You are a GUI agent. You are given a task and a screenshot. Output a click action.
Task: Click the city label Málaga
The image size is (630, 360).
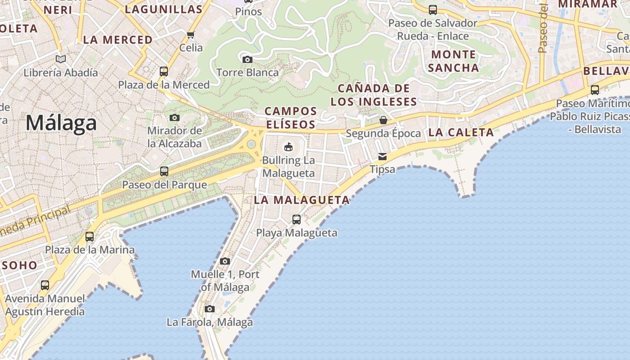[x=61, y=123]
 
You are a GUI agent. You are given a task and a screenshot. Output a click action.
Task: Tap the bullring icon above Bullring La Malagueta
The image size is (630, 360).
[x=288, y=147]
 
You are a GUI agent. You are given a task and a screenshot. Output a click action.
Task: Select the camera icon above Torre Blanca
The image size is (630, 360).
[x=247, y=59]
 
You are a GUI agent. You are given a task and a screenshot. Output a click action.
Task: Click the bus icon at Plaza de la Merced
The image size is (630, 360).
[x=164, y=72]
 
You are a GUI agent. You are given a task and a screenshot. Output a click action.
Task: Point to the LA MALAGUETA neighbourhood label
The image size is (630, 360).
[x=301, y=200]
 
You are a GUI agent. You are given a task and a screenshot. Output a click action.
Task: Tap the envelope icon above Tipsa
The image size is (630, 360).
[x=382, y=157]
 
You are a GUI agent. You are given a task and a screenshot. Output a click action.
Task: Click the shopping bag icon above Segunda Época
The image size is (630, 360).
[x=383, y=120]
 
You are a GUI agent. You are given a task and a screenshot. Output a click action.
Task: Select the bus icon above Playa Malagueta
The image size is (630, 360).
[x=297, y=220]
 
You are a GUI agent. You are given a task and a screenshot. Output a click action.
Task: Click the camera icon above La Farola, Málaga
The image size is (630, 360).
[x=209, y=309]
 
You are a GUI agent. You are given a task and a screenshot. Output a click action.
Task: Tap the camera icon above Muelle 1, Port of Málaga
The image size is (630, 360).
[x=225, y=261]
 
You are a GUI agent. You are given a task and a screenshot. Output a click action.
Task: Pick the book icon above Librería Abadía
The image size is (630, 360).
[x=61, y=59]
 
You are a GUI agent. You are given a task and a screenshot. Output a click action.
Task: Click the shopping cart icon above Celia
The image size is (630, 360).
[x=191, y=35]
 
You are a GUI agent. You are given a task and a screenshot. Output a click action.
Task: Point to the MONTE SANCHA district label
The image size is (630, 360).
[x=454, y=61]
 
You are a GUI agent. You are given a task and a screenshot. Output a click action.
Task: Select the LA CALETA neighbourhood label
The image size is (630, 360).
[x=461, y=132]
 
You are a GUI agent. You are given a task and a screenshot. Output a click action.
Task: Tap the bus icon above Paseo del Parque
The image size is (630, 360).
[x=164, y=171]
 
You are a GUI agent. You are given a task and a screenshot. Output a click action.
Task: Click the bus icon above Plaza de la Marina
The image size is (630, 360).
[x=90, y=236]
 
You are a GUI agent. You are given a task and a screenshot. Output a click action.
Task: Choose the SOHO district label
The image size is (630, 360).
[x=20, y=265]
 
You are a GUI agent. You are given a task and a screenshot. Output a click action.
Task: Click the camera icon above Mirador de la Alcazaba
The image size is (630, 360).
[x=175, y=118]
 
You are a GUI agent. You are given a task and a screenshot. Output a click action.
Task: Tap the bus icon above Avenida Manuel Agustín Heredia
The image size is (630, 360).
[x=45, y=285]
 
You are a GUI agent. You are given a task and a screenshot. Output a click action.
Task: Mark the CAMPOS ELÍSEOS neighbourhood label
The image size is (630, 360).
[x=291, y=117]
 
